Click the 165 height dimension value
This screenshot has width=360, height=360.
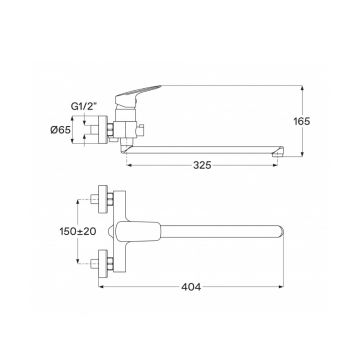click(x=302, y=121)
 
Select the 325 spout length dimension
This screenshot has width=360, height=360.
click(x=202, y=165)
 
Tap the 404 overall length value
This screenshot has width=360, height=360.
click(x=191, y=287)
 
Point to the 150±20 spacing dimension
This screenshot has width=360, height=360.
click(x=78, y=231)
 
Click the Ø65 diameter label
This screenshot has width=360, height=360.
click(x=61, y=130)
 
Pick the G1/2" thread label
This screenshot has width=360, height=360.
click(x=84, y=107)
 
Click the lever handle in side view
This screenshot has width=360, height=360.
click(x=137, y=95)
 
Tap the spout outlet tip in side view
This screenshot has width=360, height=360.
click(x=278, y=152)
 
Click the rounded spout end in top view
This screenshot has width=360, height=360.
click(x=279, y=231)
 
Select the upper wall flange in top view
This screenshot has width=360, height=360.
click(x=103, y=199)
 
